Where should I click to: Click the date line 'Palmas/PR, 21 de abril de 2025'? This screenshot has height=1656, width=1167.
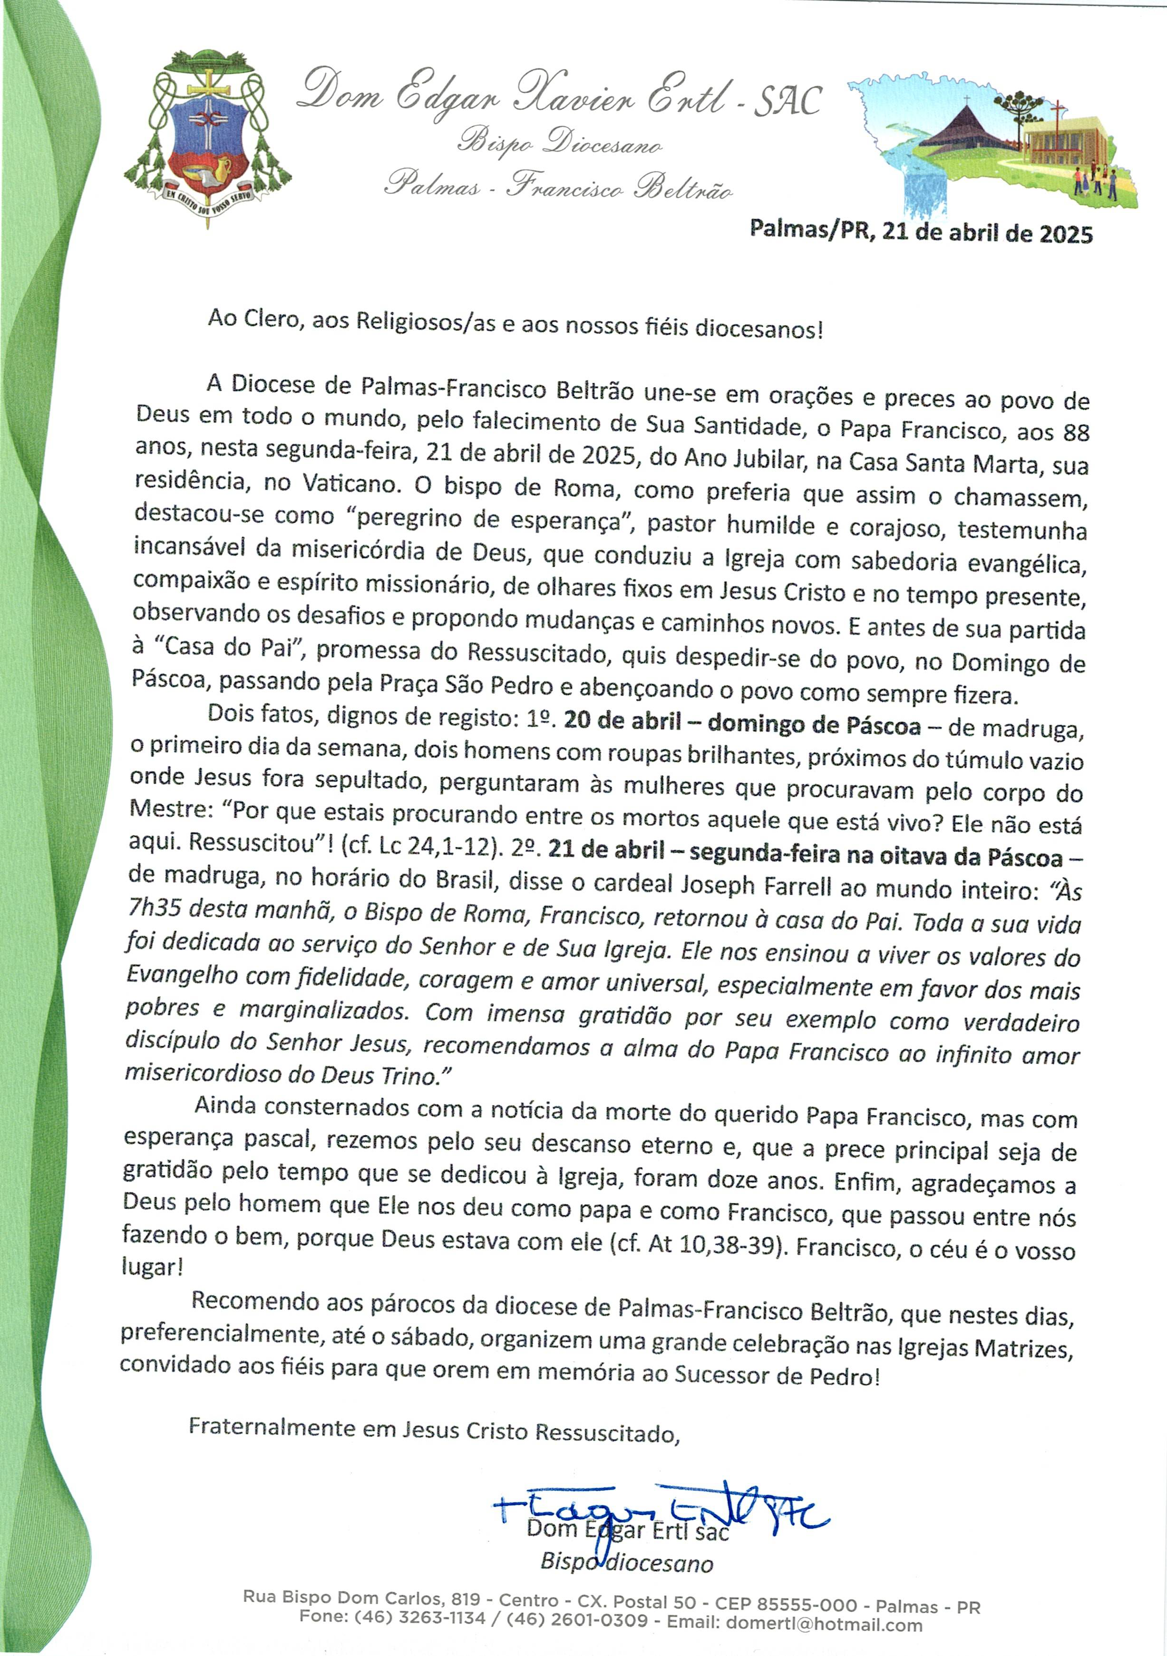(x=921, y=232)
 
